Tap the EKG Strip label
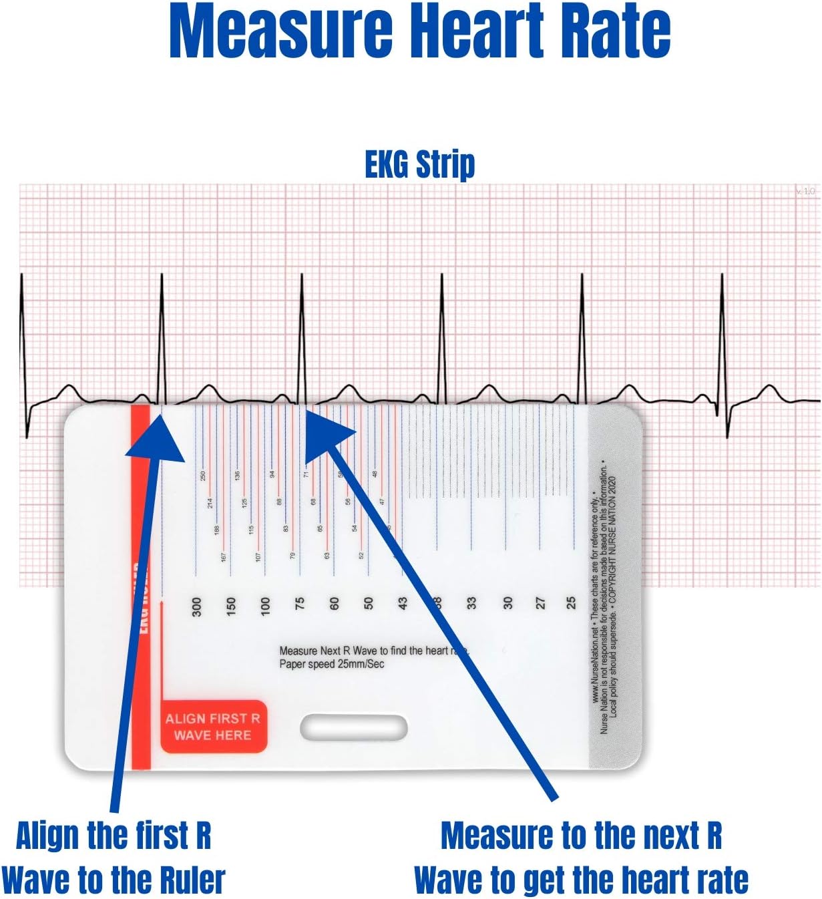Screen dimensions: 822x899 [419, 164]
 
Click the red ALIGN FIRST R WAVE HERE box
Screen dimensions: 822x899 [213, 727]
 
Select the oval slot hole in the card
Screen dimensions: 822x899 [353, 728]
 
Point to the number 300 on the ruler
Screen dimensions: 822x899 [196, 606]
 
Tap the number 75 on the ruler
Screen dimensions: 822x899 [300, 603]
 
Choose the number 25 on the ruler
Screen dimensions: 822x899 [571, 603]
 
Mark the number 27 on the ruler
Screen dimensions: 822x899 [540, 603]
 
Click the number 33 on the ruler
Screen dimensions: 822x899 [471, 603]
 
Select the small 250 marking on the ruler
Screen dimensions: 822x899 [203, 476]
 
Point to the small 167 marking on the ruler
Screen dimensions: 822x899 [224, 556]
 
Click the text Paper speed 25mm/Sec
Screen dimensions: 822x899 [332, 664]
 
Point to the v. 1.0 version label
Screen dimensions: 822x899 [805, 191]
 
